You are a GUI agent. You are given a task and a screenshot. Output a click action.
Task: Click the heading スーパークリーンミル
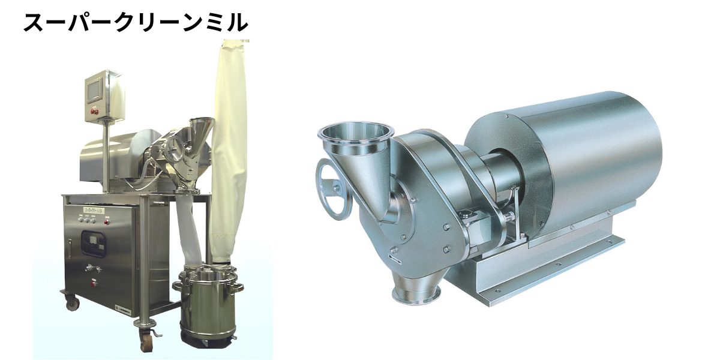click(x=136, y=23)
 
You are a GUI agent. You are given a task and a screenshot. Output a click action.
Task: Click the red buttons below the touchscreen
click(x=94, y=112)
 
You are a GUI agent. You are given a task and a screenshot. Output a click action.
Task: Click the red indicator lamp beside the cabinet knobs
click(x=106, y=221)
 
